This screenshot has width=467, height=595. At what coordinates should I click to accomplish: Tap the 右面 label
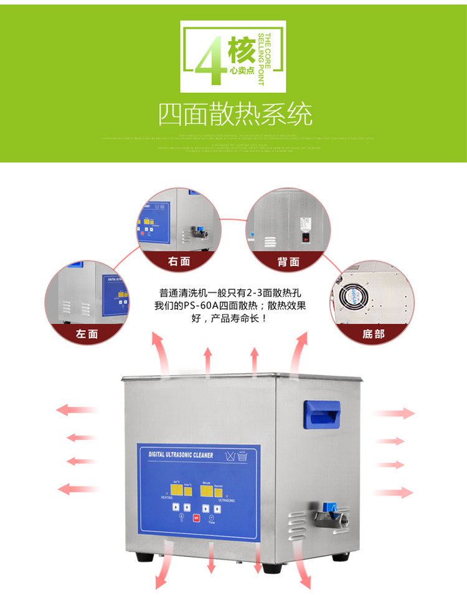click(x=179, y=262)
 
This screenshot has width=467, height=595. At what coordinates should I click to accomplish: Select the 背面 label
click(x=288, y=262)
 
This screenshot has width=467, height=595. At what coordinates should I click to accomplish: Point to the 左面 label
click(x=87, y=334)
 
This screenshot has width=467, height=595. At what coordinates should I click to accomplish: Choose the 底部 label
click(x=373, y=335)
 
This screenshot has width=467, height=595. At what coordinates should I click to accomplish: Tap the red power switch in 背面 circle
click(x=305, y=236)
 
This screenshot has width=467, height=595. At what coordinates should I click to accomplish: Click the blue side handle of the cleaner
click(x=321, y=413)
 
